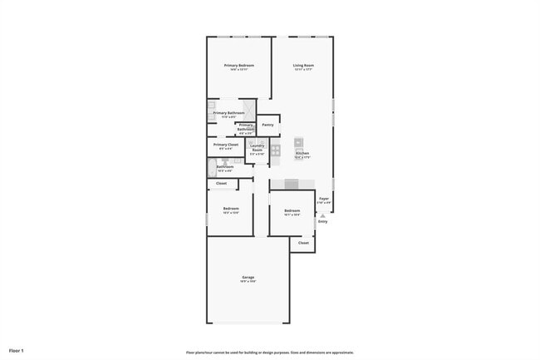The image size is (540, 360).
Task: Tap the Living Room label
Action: (303, 65)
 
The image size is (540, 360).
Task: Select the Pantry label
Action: (268, 125)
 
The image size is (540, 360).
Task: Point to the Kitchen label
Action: (302, 154)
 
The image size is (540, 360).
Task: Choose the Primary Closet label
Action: (225, 145)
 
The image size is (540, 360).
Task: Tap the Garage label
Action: (248, 277)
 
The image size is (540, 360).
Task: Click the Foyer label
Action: (324, 199)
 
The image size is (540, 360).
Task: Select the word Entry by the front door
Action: (322, 221)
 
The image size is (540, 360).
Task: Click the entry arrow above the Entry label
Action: (322, 215)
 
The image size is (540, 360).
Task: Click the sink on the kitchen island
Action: (299, 142)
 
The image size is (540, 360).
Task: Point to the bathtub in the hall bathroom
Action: (210, 167)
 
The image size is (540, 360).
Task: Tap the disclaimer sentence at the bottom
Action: (270, 352)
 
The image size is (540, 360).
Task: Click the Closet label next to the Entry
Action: (303, 243)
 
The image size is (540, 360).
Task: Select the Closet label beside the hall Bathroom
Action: (221, 183)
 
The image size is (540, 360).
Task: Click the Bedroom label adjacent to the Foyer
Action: (292, 210)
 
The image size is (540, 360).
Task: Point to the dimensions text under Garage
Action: (248, 282)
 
